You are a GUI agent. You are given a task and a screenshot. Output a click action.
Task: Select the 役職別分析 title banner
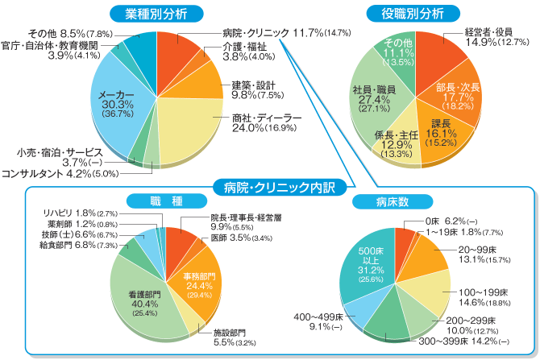pyautogui.click(x=416, y=13)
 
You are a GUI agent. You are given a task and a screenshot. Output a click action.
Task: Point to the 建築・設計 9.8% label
pyautogui.click(x=254, y=89)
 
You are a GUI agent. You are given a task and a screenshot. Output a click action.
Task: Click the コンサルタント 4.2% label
pyautogui.click(x=60, y=172)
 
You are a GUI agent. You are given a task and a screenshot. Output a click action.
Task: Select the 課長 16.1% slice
pyautogui.click(x=441, y=129)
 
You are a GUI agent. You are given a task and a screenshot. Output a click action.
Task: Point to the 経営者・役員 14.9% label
pyautogui.click(x=488, y=37)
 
